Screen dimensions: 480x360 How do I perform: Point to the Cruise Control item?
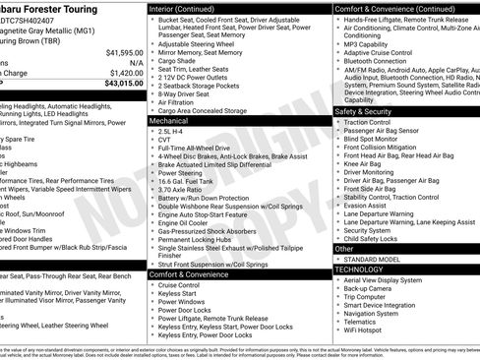178,285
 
